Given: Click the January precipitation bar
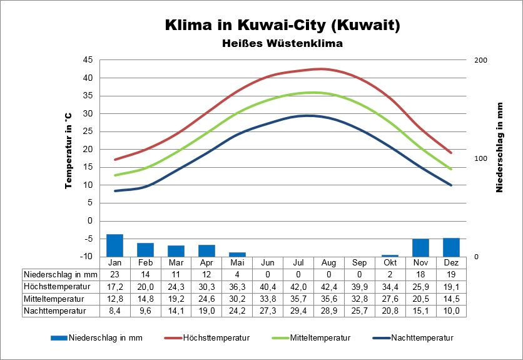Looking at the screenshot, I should [114, 245].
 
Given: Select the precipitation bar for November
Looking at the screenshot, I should [420, 248].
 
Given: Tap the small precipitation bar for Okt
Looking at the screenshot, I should [390, 255].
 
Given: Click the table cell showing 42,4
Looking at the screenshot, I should [329, 286].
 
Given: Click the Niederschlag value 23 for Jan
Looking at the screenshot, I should [114, 274].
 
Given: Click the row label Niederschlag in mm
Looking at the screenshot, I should [60, 274].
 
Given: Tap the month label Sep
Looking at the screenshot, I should [359, 262].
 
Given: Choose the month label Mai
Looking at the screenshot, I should [237, 262].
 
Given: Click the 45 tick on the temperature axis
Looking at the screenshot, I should [88, 60].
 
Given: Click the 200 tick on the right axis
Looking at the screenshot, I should [480, 60].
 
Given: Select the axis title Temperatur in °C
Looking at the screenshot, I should [69, 151].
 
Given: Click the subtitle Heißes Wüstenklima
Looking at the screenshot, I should [282, 44].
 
